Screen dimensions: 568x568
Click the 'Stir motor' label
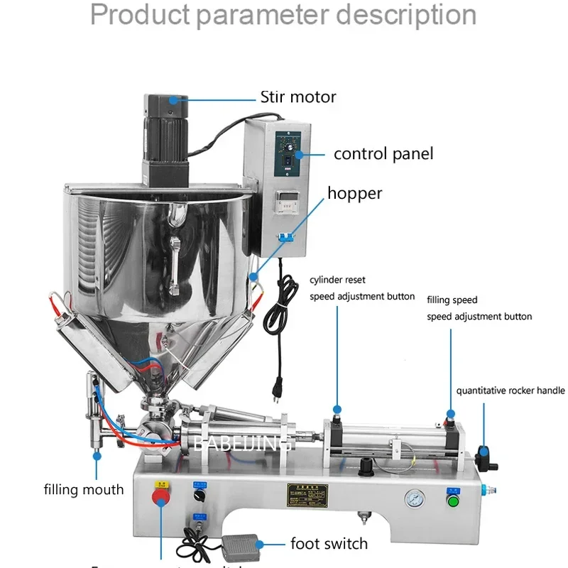click(x=298, y=97)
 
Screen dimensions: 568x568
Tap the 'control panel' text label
click(x=383, y=153)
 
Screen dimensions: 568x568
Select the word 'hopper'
click(x=354, y=193)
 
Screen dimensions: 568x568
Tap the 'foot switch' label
click(x=329, y=544)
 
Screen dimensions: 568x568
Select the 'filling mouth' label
click(x=84, y=489)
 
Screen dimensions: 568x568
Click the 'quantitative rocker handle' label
click(x=510, y=390)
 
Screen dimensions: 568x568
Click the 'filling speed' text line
click(x=452, y=300)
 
